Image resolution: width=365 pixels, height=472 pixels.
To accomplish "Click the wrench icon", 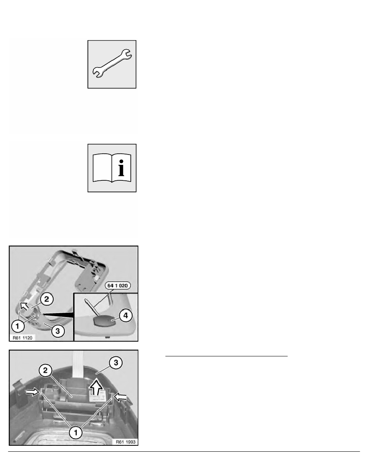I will tap(112, 64).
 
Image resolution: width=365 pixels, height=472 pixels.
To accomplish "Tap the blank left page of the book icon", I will tap(101, 169).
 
